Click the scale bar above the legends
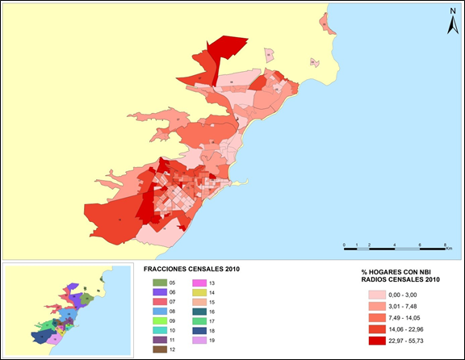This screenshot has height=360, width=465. tap(396, 243)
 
